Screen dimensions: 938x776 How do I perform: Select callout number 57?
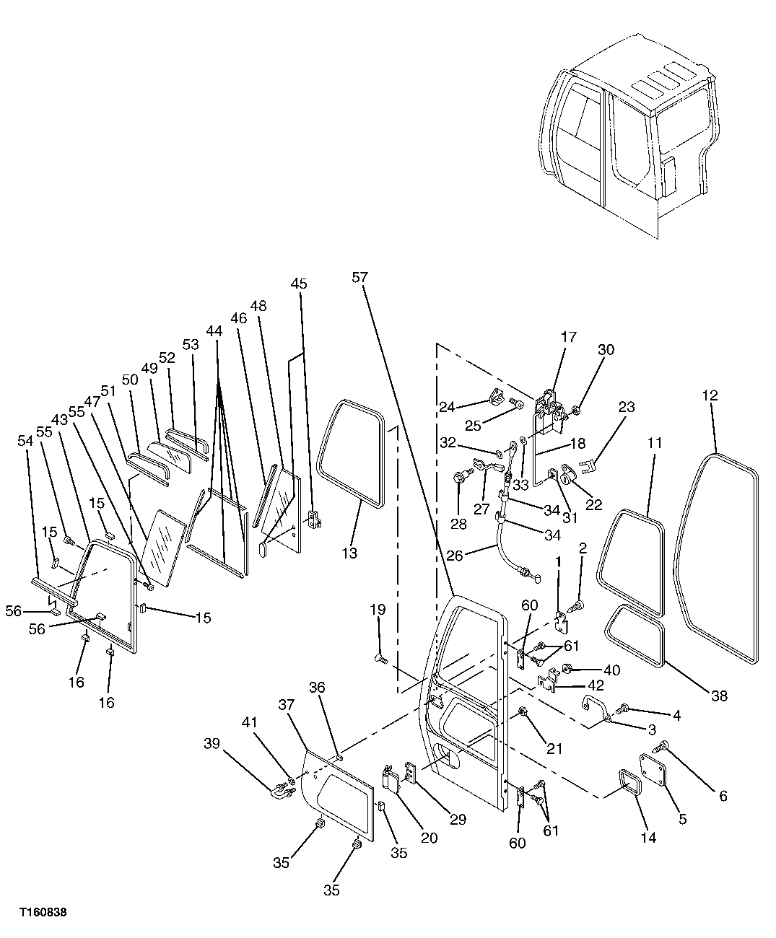(361, 276)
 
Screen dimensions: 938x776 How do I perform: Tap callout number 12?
(710, 395)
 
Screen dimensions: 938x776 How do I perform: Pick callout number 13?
(349, 553)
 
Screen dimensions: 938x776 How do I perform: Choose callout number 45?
(299, 284)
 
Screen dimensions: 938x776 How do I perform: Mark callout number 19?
(378, 610)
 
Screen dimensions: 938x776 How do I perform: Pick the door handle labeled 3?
(595, 708)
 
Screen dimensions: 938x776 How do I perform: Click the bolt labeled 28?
(459, 477)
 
